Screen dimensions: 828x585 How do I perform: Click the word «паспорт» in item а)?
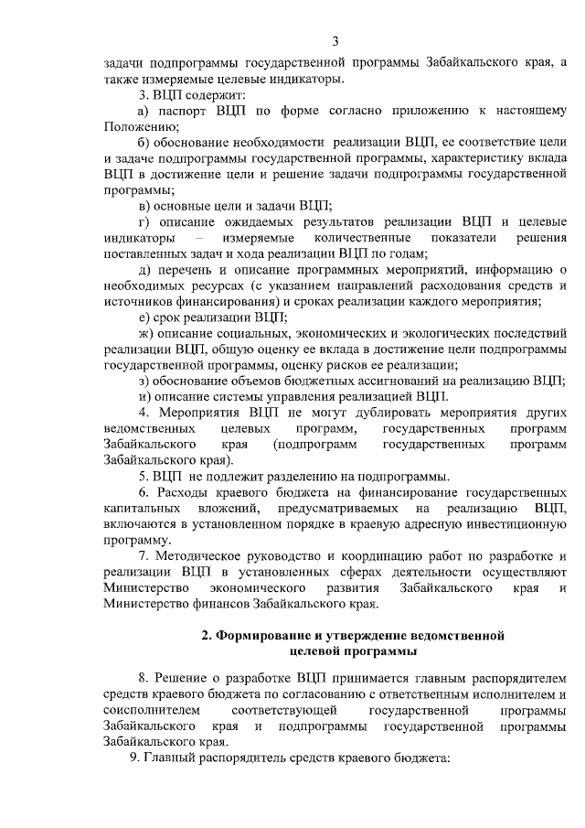pyautogui.click(x=185, y=111)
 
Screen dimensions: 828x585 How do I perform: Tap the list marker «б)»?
pyautogui.click(x=144, y=144)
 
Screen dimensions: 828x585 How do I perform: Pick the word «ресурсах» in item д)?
pyautogui.click(x=221, y=285)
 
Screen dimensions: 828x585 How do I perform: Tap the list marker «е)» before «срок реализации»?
pyautogui.click(x=144, y=317)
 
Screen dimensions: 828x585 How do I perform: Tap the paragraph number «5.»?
pyautogui.click(x=144, y=476)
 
